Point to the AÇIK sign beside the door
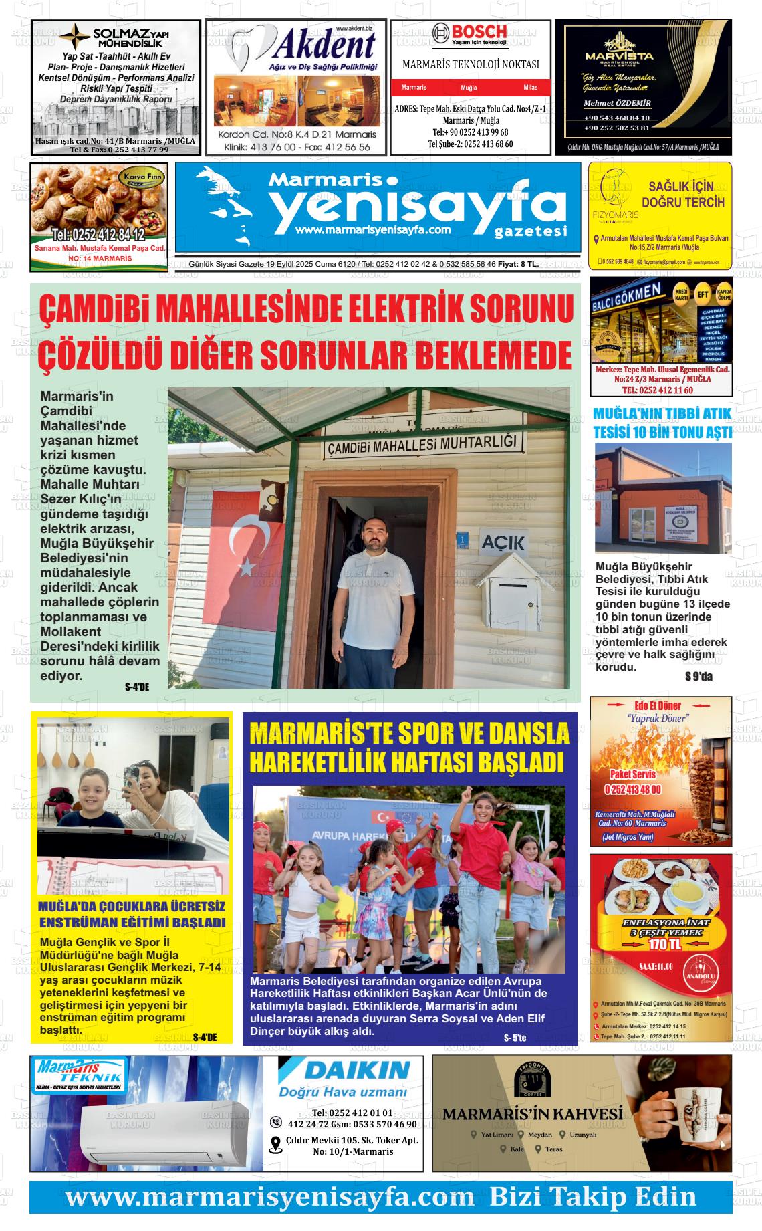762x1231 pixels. [503, 542]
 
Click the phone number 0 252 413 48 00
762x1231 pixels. [632, 790]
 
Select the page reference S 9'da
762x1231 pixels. [698, 676]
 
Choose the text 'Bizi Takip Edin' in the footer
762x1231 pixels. [592, 1196]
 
